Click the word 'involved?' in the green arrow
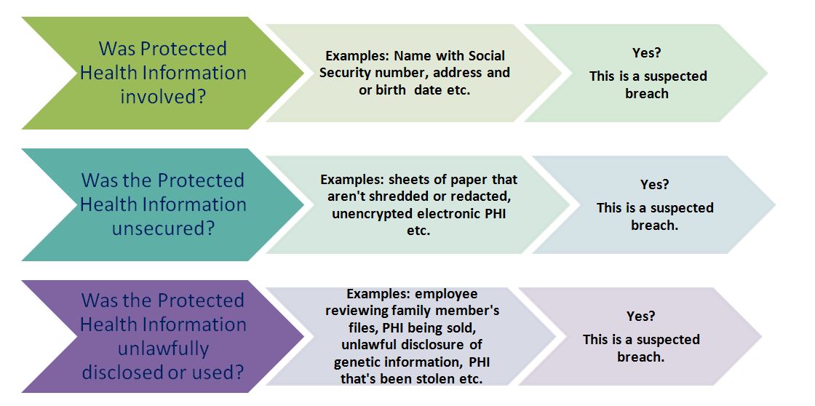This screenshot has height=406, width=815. pyautogui.click(x=163, y=97)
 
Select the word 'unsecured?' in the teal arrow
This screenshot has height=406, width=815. pyautogui.click(x=163, y=228)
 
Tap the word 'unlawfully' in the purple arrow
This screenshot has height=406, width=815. pyautogui.click(x=163, y=349)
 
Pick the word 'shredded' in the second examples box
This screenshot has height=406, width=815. pyautogui.click(x=394, y=197)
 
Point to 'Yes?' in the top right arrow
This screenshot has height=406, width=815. pyautogui.click(x=646, y=52)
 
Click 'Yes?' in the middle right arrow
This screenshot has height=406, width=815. pyautogui.click(x=654, y=185)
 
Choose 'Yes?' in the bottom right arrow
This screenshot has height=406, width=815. pyautogui.click(x=640, y=316)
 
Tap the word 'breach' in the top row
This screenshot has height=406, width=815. pyautogui.click(x=647, y=94)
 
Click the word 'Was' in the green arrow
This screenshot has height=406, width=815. pyautogui.click(x=117, y=48)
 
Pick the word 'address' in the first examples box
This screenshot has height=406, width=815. pyautogui.click(x=458, y=72)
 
